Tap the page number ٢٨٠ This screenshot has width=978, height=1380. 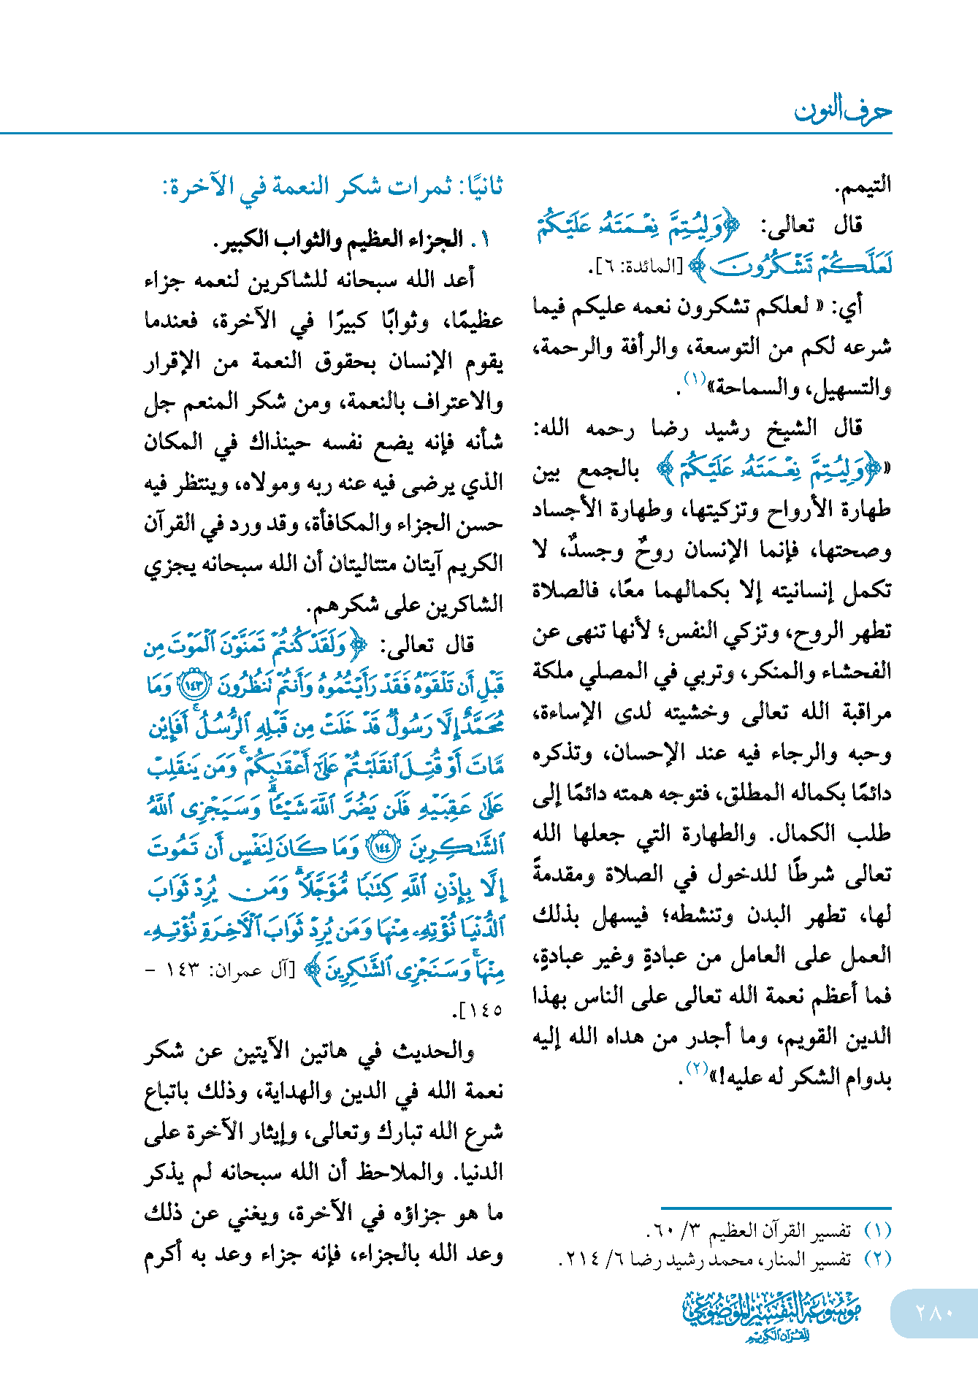coord(934,1313)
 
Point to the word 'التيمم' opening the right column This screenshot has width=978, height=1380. coord(863,185)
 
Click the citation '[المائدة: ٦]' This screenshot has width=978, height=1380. coord(635,267)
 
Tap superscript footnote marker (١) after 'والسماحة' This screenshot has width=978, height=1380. coord(694,378)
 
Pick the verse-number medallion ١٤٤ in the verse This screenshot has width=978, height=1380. coord(384,848)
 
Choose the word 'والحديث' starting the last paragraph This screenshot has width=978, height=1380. coord(434,1051)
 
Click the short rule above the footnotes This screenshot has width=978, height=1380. coord(776,1208)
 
